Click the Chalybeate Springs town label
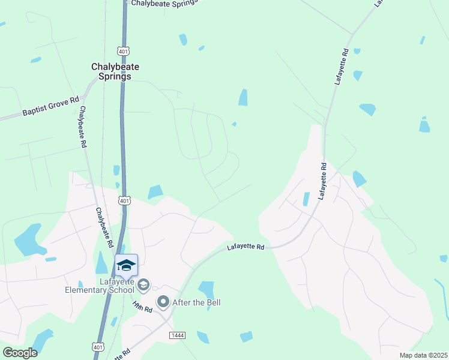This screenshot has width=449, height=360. click(111, 71)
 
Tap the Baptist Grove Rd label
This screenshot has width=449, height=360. click(50, 106)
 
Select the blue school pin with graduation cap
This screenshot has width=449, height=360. click(127, 265)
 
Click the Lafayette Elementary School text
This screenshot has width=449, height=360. click(99, 286)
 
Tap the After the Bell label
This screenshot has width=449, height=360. click(196, 302)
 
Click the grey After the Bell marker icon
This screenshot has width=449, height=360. click(163, 301)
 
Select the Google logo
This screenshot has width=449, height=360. click(19, 352)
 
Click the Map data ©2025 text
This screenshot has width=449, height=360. click(423, 355)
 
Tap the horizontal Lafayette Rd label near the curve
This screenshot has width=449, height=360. click(246, 247)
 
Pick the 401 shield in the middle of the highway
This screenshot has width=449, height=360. click(124, 201)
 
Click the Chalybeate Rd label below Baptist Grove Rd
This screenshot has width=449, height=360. click(83, 127)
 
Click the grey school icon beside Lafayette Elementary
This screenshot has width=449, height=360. click(143, 284)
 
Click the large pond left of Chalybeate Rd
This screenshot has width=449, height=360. click(28, 239)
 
